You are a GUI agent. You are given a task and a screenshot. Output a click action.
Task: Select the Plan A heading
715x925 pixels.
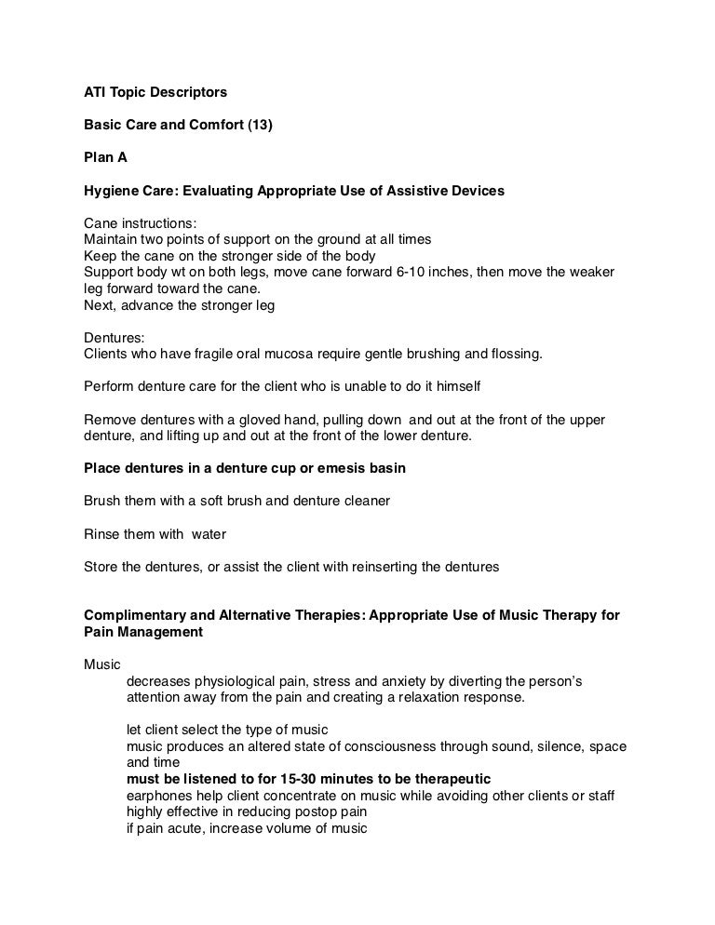(105, 158)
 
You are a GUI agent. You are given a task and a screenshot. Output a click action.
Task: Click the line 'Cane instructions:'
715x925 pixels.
(140, 223)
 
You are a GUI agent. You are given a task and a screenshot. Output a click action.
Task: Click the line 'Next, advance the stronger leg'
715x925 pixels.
(179, 304)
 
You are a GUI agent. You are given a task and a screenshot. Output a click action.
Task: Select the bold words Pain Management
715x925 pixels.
(142, 632)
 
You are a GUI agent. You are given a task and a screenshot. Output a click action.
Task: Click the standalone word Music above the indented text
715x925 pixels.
(101, 664)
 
